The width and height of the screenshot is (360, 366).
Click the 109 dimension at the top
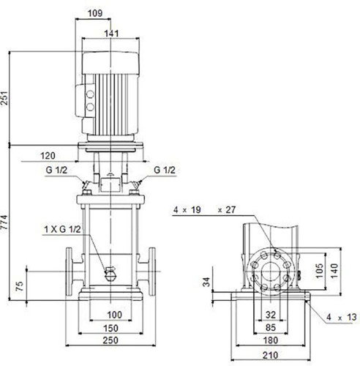click(95, 13)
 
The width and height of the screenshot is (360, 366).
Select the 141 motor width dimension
click(112, 34)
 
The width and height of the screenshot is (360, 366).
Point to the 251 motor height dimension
click(4, 98)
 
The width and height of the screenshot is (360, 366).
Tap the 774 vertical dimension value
click(4, 222)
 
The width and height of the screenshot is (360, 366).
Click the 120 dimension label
click(48, 156)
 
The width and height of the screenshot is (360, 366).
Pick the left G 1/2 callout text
click(56, 170)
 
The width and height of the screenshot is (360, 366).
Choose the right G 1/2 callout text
click(165, 170)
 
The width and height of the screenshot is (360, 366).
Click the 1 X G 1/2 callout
click(62, 229)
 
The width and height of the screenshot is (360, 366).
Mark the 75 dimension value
click(20, 286)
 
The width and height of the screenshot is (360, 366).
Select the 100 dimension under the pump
click(115, 315)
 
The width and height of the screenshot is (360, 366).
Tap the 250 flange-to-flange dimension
click(110, 340)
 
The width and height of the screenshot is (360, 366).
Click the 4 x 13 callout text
click(342, 317)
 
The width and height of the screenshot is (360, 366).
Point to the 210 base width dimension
click(271, 355)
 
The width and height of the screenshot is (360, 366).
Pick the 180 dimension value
click(271, 340)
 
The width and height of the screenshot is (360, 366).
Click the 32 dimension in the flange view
click(271, 315)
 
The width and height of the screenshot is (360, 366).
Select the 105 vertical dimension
click(319, 271)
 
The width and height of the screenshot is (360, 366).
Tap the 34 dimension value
click(206, 282)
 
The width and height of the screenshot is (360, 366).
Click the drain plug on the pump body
click(110, 274)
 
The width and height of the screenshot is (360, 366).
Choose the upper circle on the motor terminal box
click(90, 94)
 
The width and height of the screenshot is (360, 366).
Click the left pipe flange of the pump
click(69, 272)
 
